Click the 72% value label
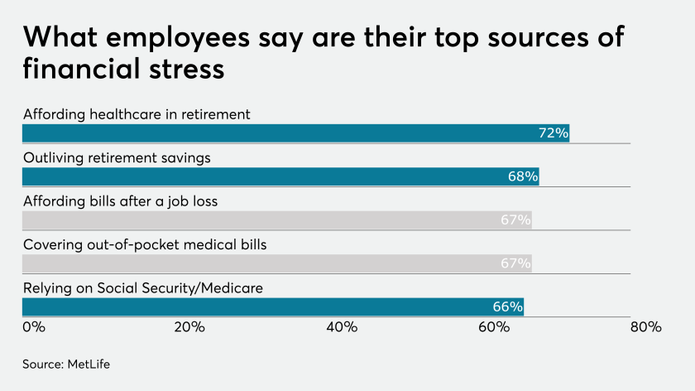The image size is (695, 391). [x=553, y=133]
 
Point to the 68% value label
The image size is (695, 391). [x=523, y=176]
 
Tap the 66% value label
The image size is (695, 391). [x=507, y=307]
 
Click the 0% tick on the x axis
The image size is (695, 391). [x=33, y=327]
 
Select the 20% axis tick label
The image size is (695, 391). [x=189, y=327]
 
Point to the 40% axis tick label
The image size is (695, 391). [x=342, y=327]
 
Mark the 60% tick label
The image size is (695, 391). [x=494, y=327]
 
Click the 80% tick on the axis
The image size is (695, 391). [x=645, y=327]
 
